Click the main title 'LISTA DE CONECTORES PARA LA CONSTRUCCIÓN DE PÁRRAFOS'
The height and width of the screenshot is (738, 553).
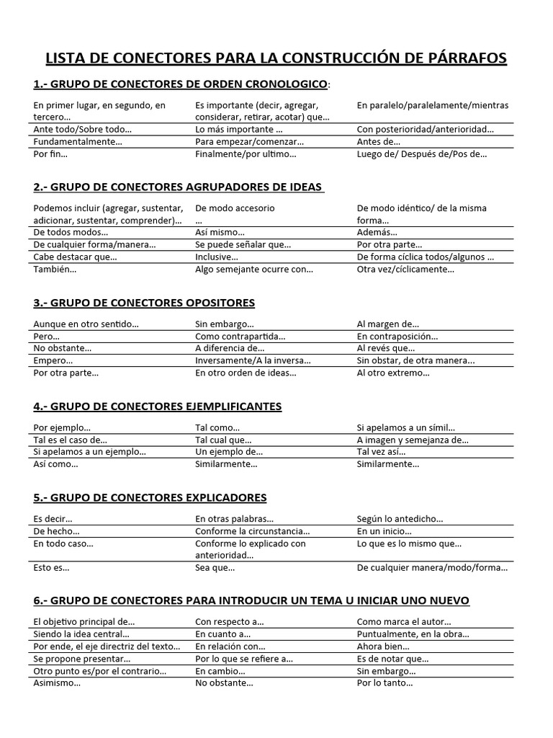[x=276, y=58]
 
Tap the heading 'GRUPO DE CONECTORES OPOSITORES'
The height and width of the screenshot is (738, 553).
[x=144, y=302]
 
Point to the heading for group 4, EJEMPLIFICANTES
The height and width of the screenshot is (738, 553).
[x=158, y=406]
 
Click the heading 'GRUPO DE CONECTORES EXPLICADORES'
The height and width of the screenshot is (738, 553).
[x=150, y=497]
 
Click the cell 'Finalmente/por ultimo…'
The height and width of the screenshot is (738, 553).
[x=246, y=154]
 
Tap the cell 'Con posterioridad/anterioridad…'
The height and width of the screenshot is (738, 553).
[x=426, y=129]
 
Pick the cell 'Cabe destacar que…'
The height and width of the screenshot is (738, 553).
[x=75, y=257]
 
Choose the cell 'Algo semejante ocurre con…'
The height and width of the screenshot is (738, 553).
[x=254, y=270]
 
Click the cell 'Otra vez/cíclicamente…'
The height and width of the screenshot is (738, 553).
[x=405, y=270]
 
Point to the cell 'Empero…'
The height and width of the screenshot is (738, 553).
[x=53, y=360]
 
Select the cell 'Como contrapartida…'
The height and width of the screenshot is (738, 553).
[x=240, y=336]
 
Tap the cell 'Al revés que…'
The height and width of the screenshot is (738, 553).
[x=386, y=348]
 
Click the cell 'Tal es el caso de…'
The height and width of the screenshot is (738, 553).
[x=70, y=440]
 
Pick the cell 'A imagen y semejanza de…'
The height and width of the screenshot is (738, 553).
[x=413, y=440]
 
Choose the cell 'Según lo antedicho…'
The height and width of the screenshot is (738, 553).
[x=400, y=519]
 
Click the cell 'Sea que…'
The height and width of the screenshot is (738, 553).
[x=215, y=568]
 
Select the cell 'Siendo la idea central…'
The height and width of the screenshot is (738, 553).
[x=81, y=633]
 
